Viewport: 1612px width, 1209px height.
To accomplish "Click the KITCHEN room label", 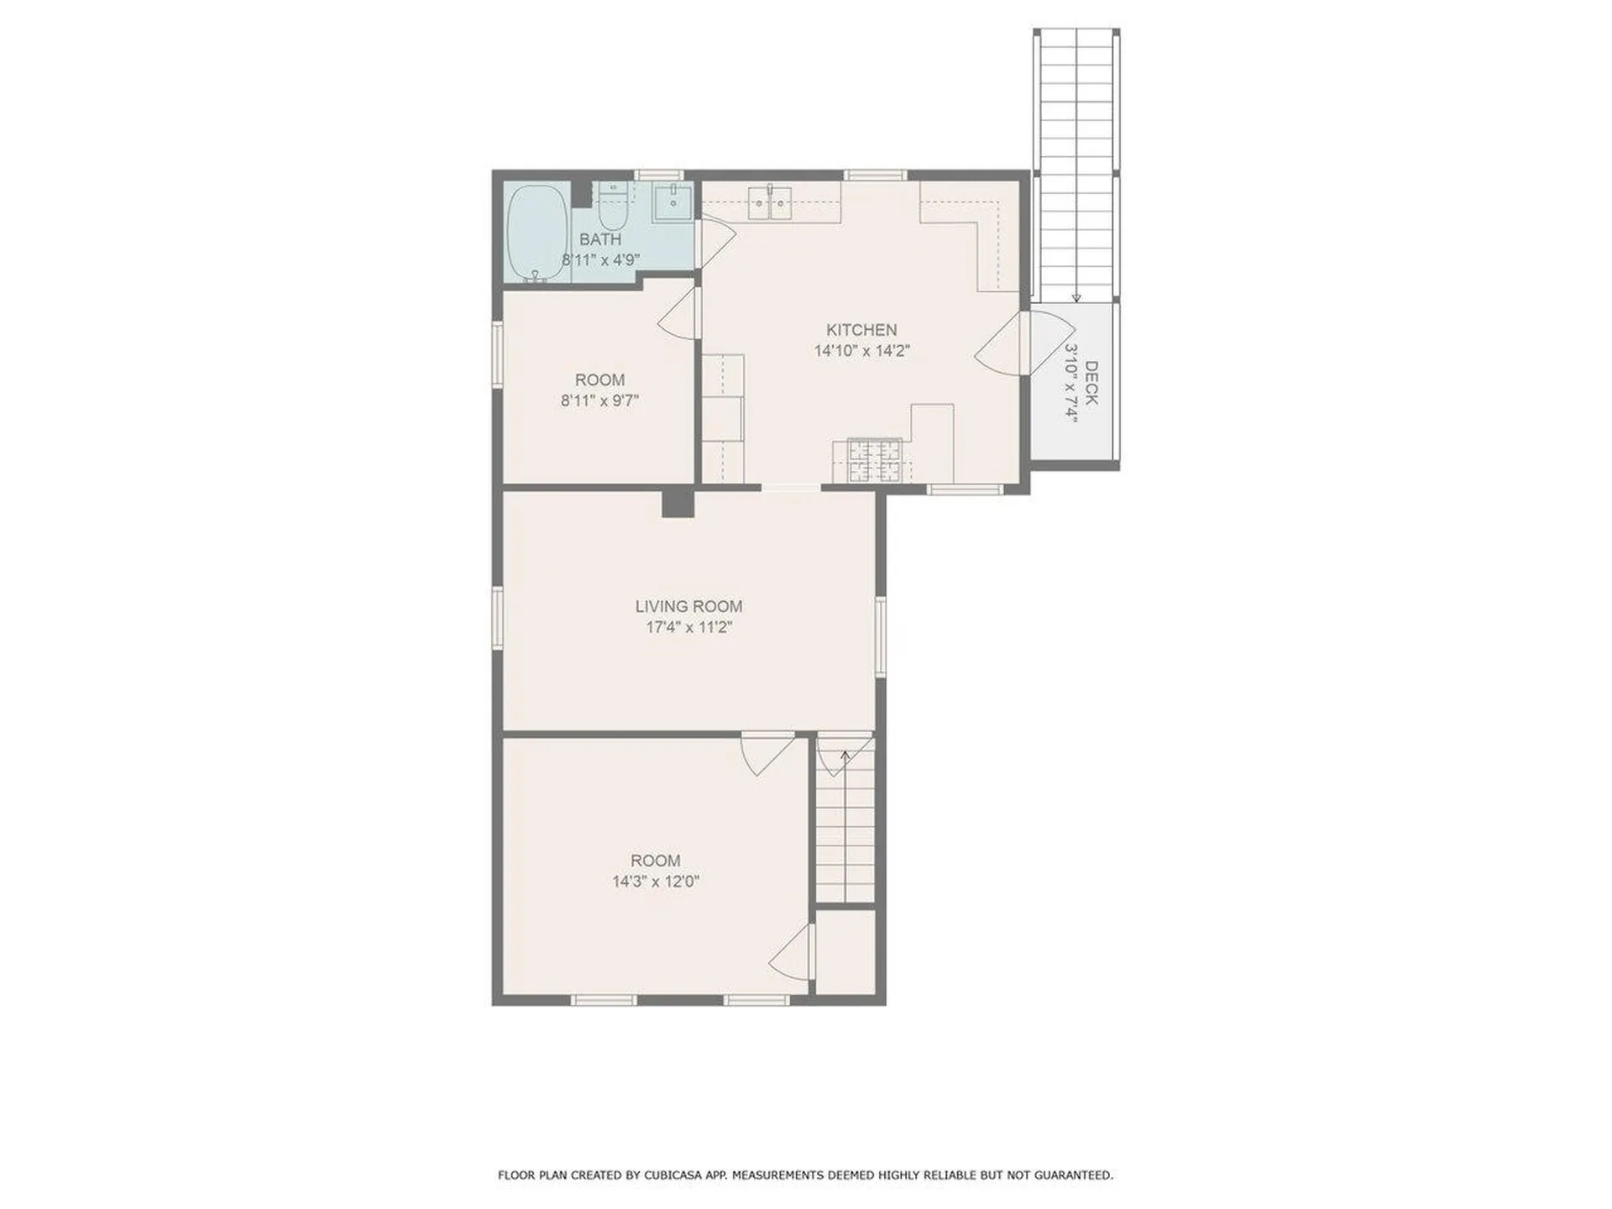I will click(x=861, y=330).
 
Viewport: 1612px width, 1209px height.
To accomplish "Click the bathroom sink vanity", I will click(x=673, y=202).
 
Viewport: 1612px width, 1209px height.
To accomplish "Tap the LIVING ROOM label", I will click(x=688, y=606).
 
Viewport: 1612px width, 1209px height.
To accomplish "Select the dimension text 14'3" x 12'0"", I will click(x=656, y=882).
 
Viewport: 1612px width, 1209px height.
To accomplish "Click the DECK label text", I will click(x=1091, y=383).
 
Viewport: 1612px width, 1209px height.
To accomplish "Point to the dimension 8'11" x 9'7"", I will click(x=599, y=400).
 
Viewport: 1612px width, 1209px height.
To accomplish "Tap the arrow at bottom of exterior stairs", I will click(x=1076, y=296).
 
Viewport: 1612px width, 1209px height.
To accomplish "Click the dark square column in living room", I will click(x=678, y=503).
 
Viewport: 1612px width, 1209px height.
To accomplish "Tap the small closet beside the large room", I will click(x=845, y=953).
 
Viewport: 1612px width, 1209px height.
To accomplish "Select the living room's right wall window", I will click(x=880, y=636).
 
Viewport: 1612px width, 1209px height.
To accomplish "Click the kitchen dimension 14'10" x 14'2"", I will click(x=861, y=351).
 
